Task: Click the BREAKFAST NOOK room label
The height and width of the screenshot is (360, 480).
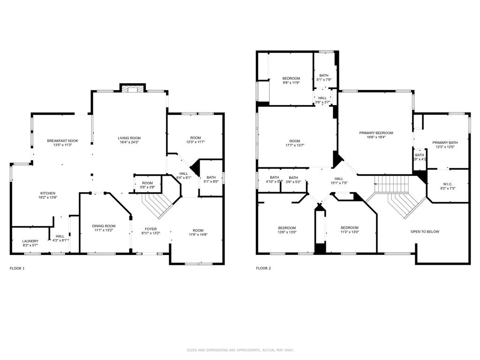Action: (x=62, y=141)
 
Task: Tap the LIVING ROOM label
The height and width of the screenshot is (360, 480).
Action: (x=129, y=138)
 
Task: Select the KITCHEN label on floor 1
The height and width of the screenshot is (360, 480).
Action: (x=48, y=193)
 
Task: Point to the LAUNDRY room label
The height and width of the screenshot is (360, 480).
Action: (x=31, y=241)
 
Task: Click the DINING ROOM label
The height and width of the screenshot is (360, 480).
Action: (x=104, y=226)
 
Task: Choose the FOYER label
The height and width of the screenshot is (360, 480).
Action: (x=150, y=229)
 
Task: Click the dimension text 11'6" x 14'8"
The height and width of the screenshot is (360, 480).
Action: (x=198, y=235)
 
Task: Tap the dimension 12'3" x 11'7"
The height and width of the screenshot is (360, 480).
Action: (x=196, y=142)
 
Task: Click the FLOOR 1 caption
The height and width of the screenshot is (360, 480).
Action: (x=17, y=269)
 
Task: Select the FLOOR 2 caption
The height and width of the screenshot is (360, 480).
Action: (x=263, y=269)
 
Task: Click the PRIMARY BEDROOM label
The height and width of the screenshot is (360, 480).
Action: (x=376, y=133)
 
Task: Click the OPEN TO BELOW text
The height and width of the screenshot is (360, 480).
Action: (x=425, y=232)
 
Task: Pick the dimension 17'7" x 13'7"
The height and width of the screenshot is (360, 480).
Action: (x=294, y=145)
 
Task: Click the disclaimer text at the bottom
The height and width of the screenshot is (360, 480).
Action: (x=240, y=350)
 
